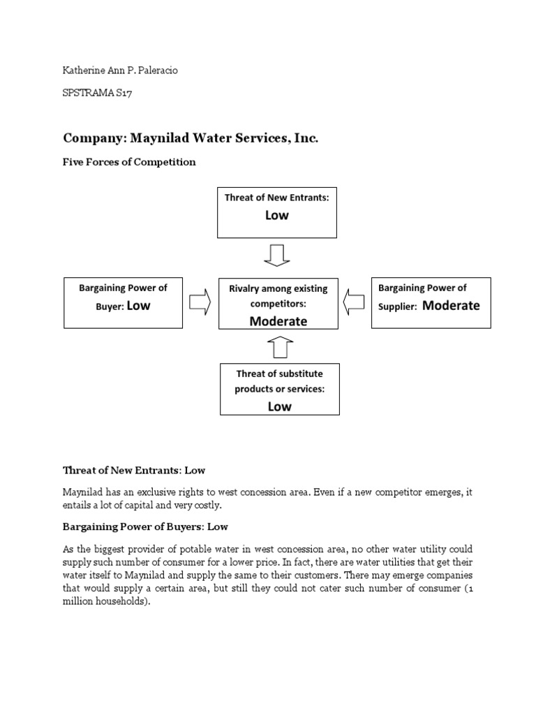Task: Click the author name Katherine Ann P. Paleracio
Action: (x=120, y=71)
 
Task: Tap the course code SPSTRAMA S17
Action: (x=97, y=94)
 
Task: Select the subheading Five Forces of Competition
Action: (x=130, y=162)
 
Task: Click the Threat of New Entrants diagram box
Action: (x=277, y=212)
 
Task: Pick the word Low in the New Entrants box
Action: (x=277, y=216)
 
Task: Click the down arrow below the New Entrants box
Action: (x=277, y=255)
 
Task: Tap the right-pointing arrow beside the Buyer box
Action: (x=200, y=302)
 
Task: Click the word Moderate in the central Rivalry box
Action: (x=278, y=321)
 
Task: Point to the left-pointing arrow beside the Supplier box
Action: (x=354, y=302)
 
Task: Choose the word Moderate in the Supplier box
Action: (x=451, y=305)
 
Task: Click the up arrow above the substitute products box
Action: (x=279, y=347)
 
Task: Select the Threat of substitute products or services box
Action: (x=279, y=389)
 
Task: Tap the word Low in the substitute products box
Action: (x=279, y=406)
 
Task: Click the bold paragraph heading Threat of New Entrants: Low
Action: (x=134, y=470)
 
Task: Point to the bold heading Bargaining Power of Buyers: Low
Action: (x=146, y=526)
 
